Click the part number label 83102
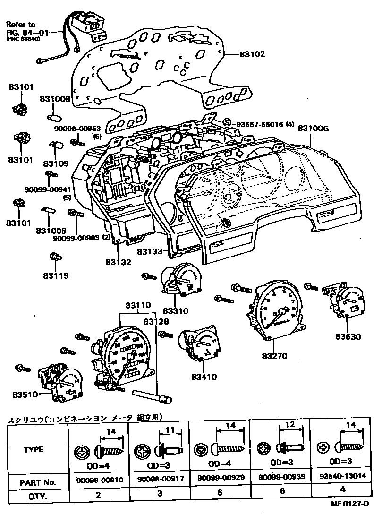click(x=252, y=54)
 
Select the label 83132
click(x=118, y=261)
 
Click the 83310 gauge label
click(x=175, y=311)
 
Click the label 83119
click(x=56, y=275)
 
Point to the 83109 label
click(x=56, y=163)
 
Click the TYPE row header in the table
click(x=34, y=449)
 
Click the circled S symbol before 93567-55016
click(x=227, y=123)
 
